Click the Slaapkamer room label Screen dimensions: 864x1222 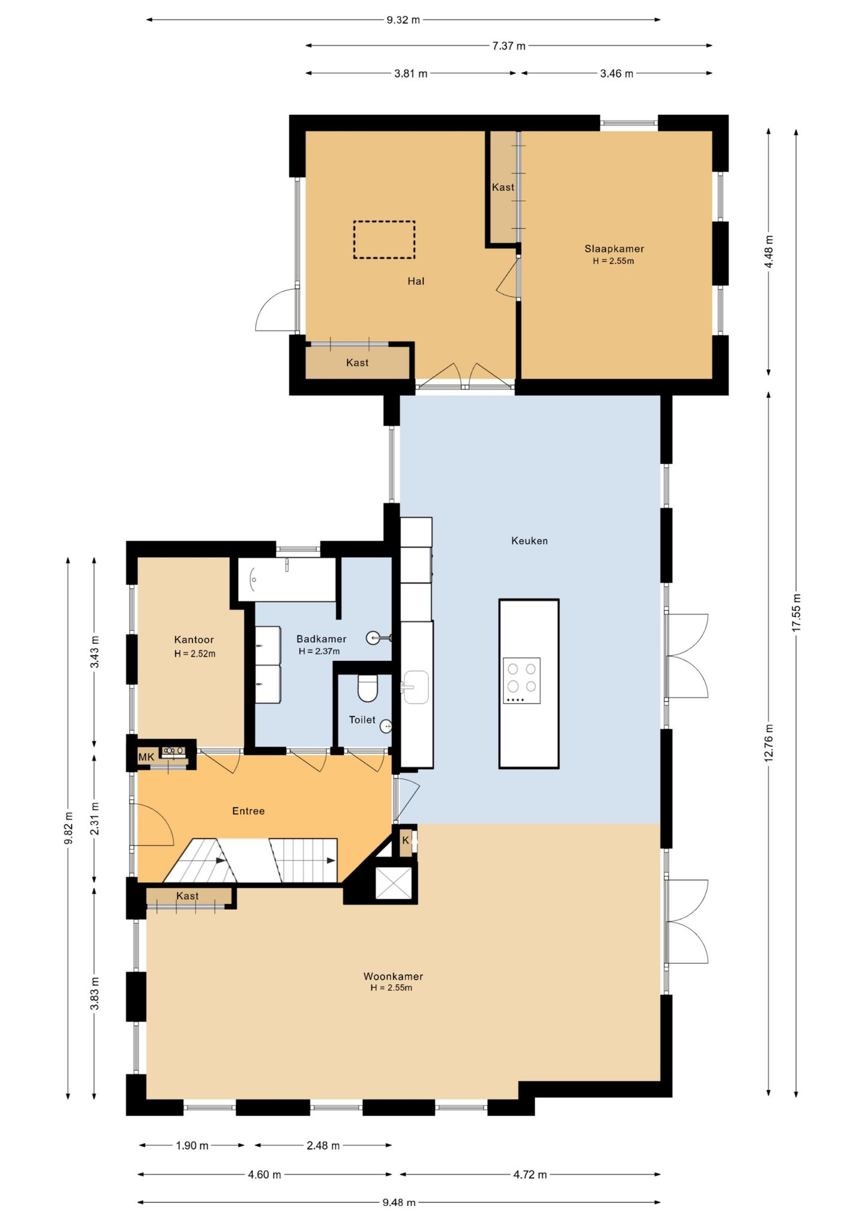(614, 248)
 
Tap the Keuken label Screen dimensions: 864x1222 (529, 541)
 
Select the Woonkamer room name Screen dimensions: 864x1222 (393, 977)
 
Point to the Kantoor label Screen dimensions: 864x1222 (194, 640)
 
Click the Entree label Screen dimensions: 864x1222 (248, 811)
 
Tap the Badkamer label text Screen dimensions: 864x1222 (321, 639)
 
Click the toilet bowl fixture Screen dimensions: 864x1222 (368, 688)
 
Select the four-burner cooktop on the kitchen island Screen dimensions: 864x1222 (521, 681)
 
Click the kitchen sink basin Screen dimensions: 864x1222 (415, 687)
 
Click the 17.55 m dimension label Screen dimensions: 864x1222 (796, 612)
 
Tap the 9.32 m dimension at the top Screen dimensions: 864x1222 (403, 20)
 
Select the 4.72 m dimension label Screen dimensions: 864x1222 (530, 1175)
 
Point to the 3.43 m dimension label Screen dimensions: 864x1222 (95, 651)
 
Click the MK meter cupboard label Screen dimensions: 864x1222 (146, 757)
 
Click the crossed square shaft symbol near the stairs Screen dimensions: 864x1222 (394, 883)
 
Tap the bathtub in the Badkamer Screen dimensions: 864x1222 (287, 579)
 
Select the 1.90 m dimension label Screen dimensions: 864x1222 (192, 1146)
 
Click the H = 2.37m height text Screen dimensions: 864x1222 (319, 651)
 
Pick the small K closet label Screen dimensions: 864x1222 (406, 840)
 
